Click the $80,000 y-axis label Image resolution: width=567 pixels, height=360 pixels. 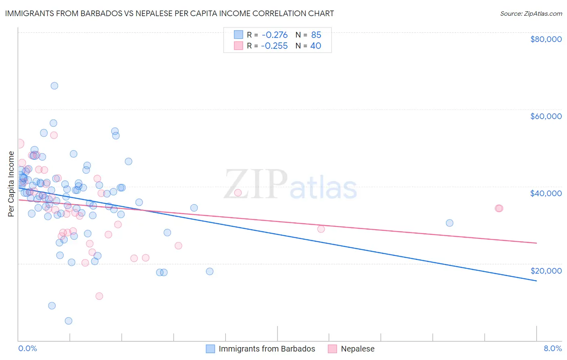tap(546, 39)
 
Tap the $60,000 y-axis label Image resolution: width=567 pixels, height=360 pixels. tap(546, 116)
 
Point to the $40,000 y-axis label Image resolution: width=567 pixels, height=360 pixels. tap(546, 193)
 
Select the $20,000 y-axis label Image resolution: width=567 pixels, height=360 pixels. tap(546, 271)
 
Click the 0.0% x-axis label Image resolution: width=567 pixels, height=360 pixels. tap(27, 348)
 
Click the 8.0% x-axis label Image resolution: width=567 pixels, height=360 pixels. tap(552, 348)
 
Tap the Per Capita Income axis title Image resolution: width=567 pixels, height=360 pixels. tap(11, 184)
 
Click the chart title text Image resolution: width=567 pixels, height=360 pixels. tap(169, 13)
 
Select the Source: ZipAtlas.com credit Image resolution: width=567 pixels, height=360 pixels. tap(531, 14)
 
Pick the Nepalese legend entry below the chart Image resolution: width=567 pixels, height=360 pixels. tap(357, 349)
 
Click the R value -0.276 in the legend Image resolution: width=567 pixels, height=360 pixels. tap(274, 35)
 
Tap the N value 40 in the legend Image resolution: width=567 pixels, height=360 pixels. tap(315, 46)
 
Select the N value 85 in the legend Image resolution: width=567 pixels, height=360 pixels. tap(316, 35)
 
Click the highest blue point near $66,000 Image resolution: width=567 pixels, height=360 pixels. tap(54, 86)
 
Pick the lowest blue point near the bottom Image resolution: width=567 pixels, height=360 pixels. tap(69, 321)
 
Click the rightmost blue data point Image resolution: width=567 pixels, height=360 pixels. tap(450, 223)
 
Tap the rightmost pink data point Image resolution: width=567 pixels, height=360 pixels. tap(499, 208)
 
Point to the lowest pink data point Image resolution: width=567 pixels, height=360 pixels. tap(99, 296)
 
